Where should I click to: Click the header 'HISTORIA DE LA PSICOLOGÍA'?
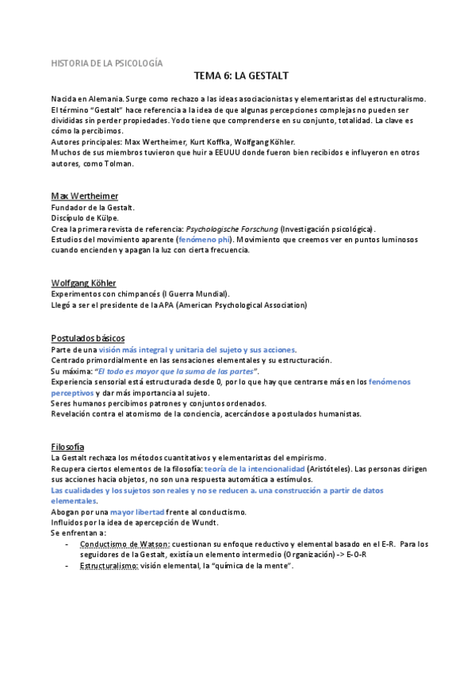pos(106,61)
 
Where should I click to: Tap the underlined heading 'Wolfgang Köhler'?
pos(83,283)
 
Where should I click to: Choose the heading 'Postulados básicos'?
pos(87,338)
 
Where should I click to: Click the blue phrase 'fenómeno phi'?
pos(205,239)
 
